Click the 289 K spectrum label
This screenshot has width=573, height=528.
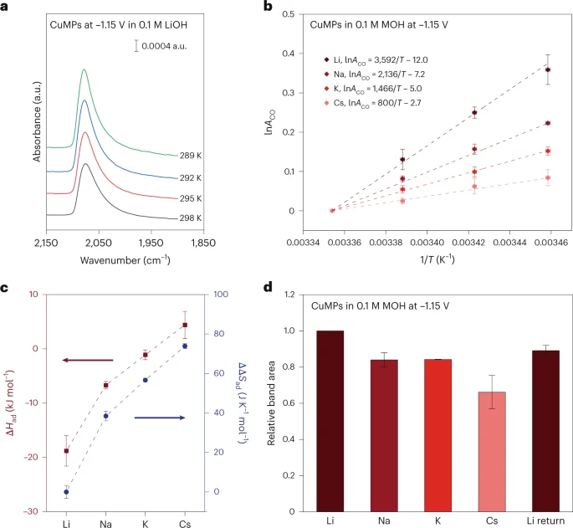pyautogui.click(x=192, y=155)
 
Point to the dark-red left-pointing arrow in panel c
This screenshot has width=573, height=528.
pyautogui.click(x=87, y=361)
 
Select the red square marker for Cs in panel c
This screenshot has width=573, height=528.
pyautogui.click(x=185, y=325)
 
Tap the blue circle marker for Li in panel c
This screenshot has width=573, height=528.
pyautogui.click(x=66, y=492)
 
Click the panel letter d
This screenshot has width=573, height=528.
pyautogui.click(x=290, y=287)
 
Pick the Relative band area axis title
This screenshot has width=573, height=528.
pyautogui.click(x=272, y=402)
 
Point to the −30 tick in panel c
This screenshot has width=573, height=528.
pyautogui.click(x=35, y=511)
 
